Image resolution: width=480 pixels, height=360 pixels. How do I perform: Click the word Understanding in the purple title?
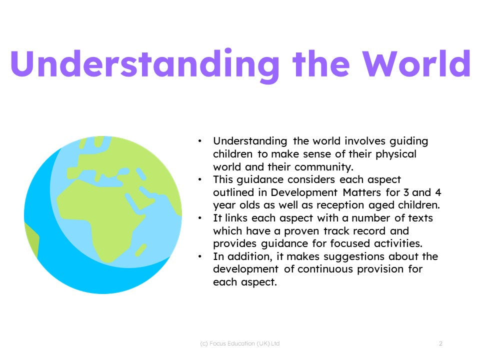pos(145,65)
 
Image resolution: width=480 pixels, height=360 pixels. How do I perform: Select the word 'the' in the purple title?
pos(321,63)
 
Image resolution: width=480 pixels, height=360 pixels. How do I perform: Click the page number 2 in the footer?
pos(440,343)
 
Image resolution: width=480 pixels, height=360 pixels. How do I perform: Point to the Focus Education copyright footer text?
pos(239,343)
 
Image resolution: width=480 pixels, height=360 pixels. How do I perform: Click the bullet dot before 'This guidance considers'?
pos(199,179)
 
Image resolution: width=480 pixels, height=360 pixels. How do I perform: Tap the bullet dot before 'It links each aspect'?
pos(199,218)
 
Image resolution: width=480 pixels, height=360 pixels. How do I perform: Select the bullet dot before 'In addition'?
pos(199,256)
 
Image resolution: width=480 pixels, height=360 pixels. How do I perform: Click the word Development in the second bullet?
pos(304,192)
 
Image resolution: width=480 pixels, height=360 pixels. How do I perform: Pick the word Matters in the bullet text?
pos(362,192)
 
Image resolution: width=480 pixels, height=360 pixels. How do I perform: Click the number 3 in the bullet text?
pos(406,192)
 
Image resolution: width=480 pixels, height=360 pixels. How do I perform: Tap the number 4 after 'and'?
pos(438,192)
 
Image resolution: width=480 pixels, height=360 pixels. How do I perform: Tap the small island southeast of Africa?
pos(141,250)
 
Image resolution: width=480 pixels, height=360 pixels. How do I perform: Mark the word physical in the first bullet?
pos(396,154)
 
